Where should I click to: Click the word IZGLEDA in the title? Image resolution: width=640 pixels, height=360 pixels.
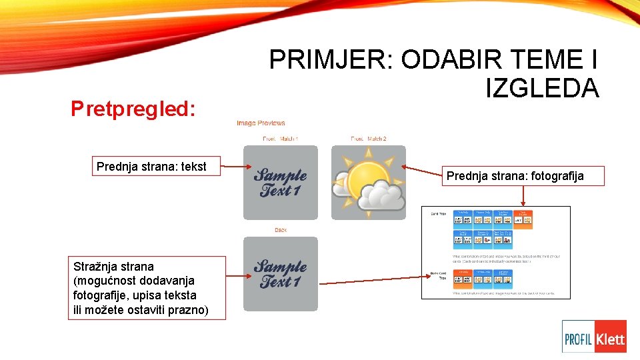click(542, 88)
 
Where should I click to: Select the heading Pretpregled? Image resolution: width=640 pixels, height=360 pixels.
click(133, 109)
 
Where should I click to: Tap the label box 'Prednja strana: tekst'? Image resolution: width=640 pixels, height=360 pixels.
click(151, 166)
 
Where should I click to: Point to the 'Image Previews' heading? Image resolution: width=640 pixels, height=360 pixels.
click(261, 123)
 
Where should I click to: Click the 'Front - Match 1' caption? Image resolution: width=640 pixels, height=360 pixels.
click(280, 139)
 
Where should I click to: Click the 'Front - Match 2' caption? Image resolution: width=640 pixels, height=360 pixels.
click(368, 139)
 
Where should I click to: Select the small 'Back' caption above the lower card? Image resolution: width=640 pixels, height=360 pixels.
click(281, 230)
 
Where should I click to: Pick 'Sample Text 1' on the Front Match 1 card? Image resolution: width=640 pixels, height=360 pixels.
click(280, 183)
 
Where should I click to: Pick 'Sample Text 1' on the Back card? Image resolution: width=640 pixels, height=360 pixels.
click(280, 274)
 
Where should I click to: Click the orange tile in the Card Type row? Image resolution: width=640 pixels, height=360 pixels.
click(523, 219)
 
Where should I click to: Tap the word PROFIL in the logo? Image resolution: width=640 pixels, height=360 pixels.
click(579, 339)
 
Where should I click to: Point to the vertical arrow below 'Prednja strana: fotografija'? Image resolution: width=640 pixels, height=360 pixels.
click(523, 195)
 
